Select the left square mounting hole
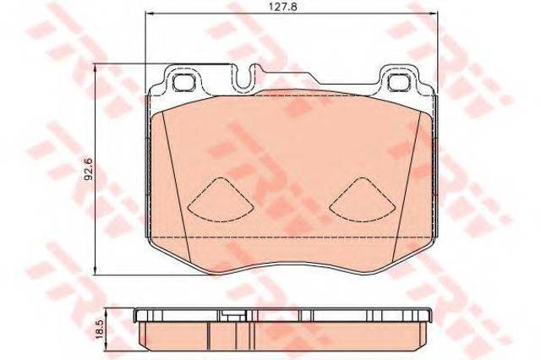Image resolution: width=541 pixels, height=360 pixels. (184, 83)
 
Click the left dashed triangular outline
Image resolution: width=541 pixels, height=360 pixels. (221, 199)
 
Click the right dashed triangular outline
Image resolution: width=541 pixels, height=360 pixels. (363, 199)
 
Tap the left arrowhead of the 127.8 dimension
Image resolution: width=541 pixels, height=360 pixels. (150, 14)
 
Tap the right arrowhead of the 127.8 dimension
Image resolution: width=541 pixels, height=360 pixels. (432, 14)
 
